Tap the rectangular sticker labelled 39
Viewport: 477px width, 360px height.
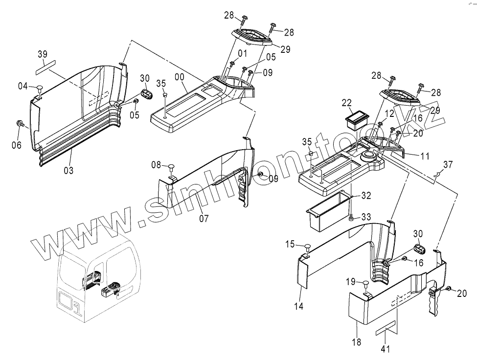coord(46,66)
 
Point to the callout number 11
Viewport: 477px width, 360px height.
coord(425,157)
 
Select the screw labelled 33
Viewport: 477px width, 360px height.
coord(351,218)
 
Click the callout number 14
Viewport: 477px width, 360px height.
coord(298,306)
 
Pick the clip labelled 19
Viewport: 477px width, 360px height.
coord(365,283)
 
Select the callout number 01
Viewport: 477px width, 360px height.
coord(243,53)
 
